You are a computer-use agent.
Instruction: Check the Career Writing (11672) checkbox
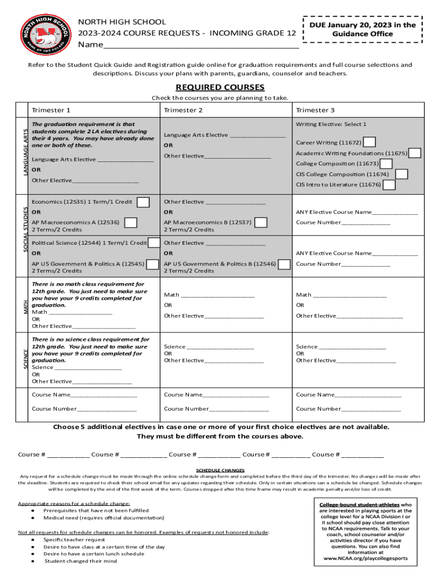click(x=370, y=142)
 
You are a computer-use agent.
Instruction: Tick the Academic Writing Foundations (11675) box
click(x=415, y=153)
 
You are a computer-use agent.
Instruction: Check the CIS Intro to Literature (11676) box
click(x=389, y=184)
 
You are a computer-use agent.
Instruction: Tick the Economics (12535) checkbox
click(x=143, y=202)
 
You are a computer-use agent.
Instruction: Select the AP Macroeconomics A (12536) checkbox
click(x=130, y=223)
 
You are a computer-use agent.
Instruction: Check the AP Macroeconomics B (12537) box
click(x=261, y=223)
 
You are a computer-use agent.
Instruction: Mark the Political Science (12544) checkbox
click(x=155, y=243)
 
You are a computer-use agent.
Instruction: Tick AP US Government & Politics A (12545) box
click(x=152, y=264)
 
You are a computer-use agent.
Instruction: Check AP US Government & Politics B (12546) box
click(x=285, y=264)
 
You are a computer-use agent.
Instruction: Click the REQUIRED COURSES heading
click(x=220, y=88)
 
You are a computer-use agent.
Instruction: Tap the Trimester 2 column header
click(x=183, y=110)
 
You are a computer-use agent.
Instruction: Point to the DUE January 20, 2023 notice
click(x=363, y=29)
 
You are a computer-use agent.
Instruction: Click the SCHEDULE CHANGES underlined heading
click(x=220, y=470)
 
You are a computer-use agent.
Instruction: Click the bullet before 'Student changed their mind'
click(x=34, y=561)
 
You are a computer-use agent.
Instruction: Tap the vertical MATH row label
click(x=25, y=307)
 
